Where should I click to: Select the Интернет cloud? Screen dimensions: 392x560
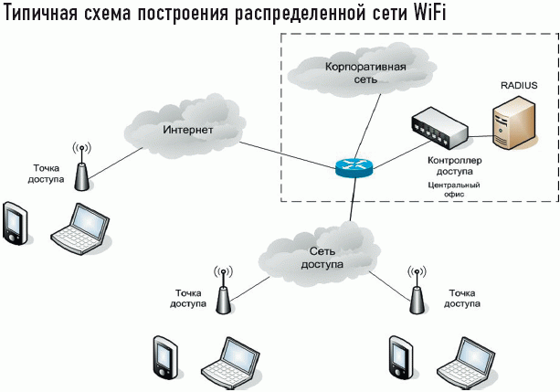[187, 130]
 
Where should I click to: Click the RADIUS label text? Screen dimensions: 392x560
[518, 85]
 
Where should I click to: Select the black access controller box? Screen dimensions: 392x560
[439, 128]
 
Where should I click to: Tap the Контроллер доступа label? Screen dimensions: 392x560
[449, 164]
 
